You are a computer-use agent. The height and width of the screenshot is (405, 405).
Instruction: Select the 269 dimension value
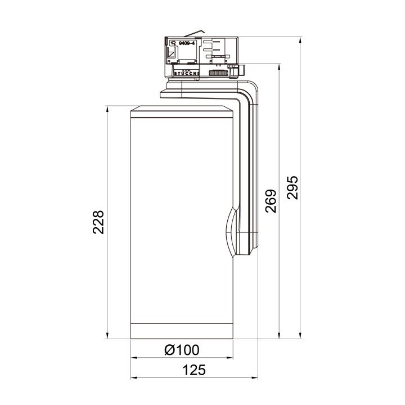pos(271,201)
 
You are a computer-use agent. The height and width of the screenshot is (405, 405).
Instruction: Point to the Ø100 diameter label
pos(182,350)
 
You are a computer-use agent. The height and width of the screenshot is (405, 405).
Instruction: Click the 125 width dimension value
pos(193,370)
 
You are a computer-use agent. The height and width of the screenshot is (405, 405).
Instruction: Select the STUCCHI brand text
pos(186,73)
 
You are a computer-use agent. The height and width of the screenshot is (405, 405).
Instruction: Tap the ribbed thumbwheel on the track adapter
pos(218,73)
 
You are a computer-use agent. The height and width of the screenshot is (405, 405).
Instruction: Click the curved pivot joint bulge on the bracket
pos(229,231)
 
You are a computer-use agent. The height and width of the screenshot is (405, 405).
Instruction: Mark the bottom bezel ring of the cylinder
pos(182,331)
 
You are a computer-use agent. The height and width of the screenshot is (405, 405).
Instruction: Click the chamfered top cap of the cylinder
pos(182,112)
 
